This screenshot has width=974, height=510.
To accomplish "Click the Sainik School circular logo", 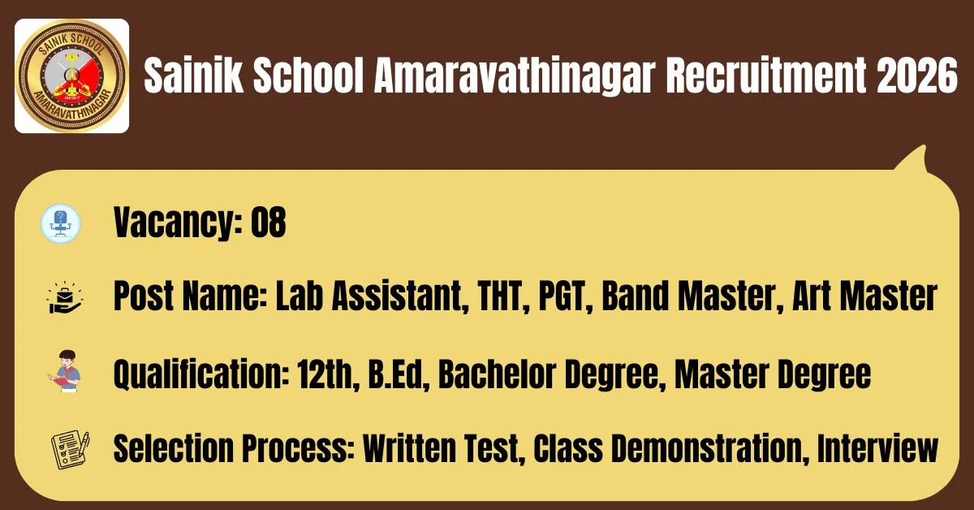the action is [x=71, y=76].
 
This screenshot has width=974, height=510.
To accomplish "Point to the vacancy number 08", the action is [x=269, y=222].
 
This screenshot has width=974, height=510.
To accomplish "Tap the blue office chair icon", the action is [x=61, y=223].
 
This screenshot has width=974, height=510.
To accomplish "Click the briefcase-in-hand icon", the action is [x=65, y=298].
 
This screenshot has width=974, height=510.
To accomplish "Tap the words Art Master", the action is [x=864, y=296].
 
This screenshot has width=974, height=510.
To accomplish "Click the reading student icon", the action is [x=64, y=372].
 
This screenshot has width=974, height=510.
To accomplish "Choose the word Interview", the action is [x=877, y=448].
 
